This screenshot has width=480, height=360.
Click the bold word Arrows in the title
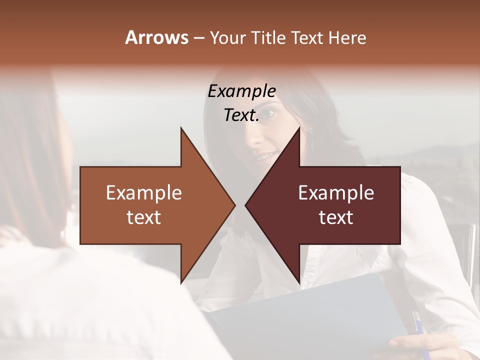[x=156, y=37]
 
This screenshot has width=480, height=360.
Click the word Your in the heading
[x=228, y=37]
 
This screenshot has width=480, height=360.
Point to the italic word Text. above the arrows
[x=241, y=115]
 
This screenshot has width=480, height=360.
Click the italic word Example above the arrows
[x=241, y=91]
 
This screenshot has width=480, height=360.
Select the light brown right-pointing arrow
[x=150, y=205]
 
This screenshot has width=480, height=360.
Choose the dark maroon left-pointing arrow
[x=340, y=205]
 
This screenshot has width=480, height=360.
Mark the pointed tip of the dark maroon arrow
[x=247, y=205]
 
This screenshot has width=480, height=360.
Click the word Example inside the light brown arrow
[x=144, y=193]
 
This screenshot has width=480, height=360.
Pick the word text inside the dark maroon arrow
[x=336, y=217]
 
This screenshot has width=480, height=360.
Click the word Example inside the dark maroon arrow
[x=336, y=193]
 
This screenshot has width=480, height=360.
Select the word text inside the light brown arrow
[x=144, y=217]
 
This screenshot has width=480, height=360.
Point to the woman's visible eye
[x=268, y=114]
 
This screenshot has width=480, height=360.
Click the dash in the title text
[x=198, y=38]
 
